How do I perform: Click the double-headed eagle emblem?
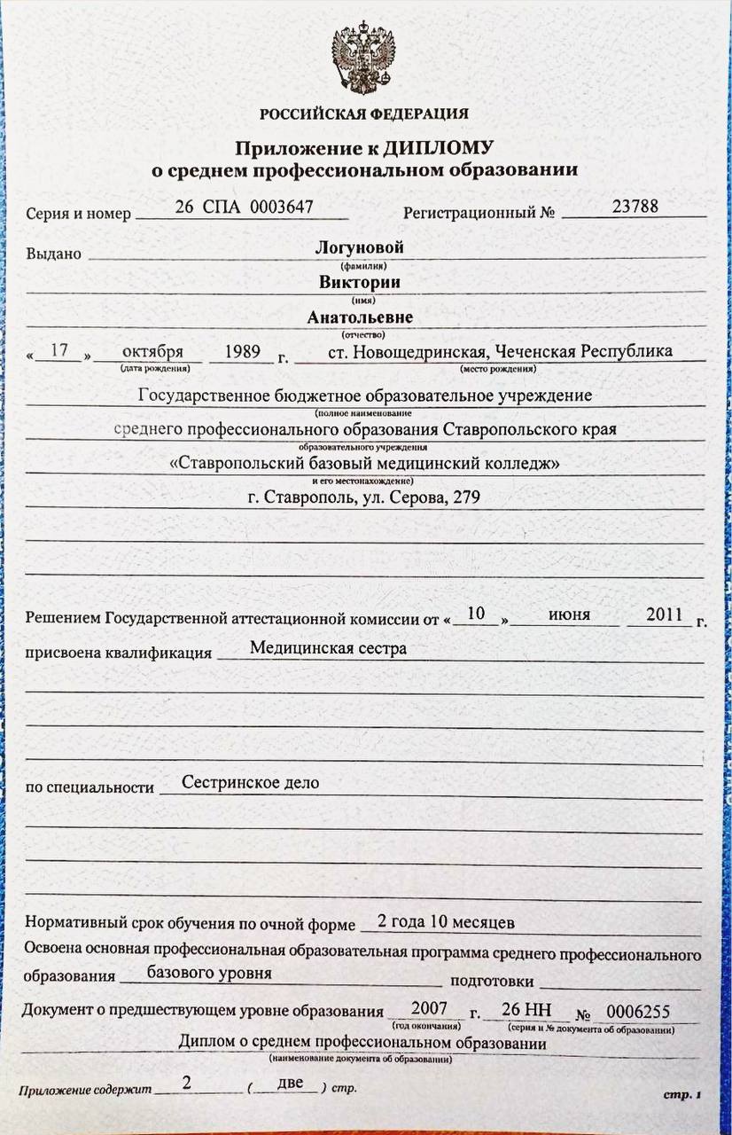point(363,58)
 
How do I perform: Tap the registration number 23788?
point(635,206)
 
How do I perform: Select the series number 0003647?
point(281,207)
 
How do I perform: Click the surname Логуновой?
point(359,247)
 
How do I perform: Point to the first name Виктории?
point(360,283)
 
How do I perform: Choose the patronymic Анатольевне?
point(360,317)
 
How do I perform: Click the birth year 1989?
point(242,350)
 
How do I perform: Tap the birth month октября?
point(153,350)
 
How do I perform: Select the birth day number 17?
point(59,350)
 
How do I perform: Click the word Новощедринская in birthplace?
point(417,351)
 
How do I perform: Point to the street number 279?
point(466,497)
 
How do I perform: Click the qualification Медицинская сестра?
point(328,648)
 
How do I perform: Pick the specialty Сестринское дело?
point(250,783)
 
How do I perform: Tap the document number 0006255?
point(638,1012)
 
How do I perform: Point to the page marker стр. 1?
point(682,1095)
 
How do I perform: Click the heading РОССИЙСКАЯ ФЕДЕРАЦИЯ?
point(364,113)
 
